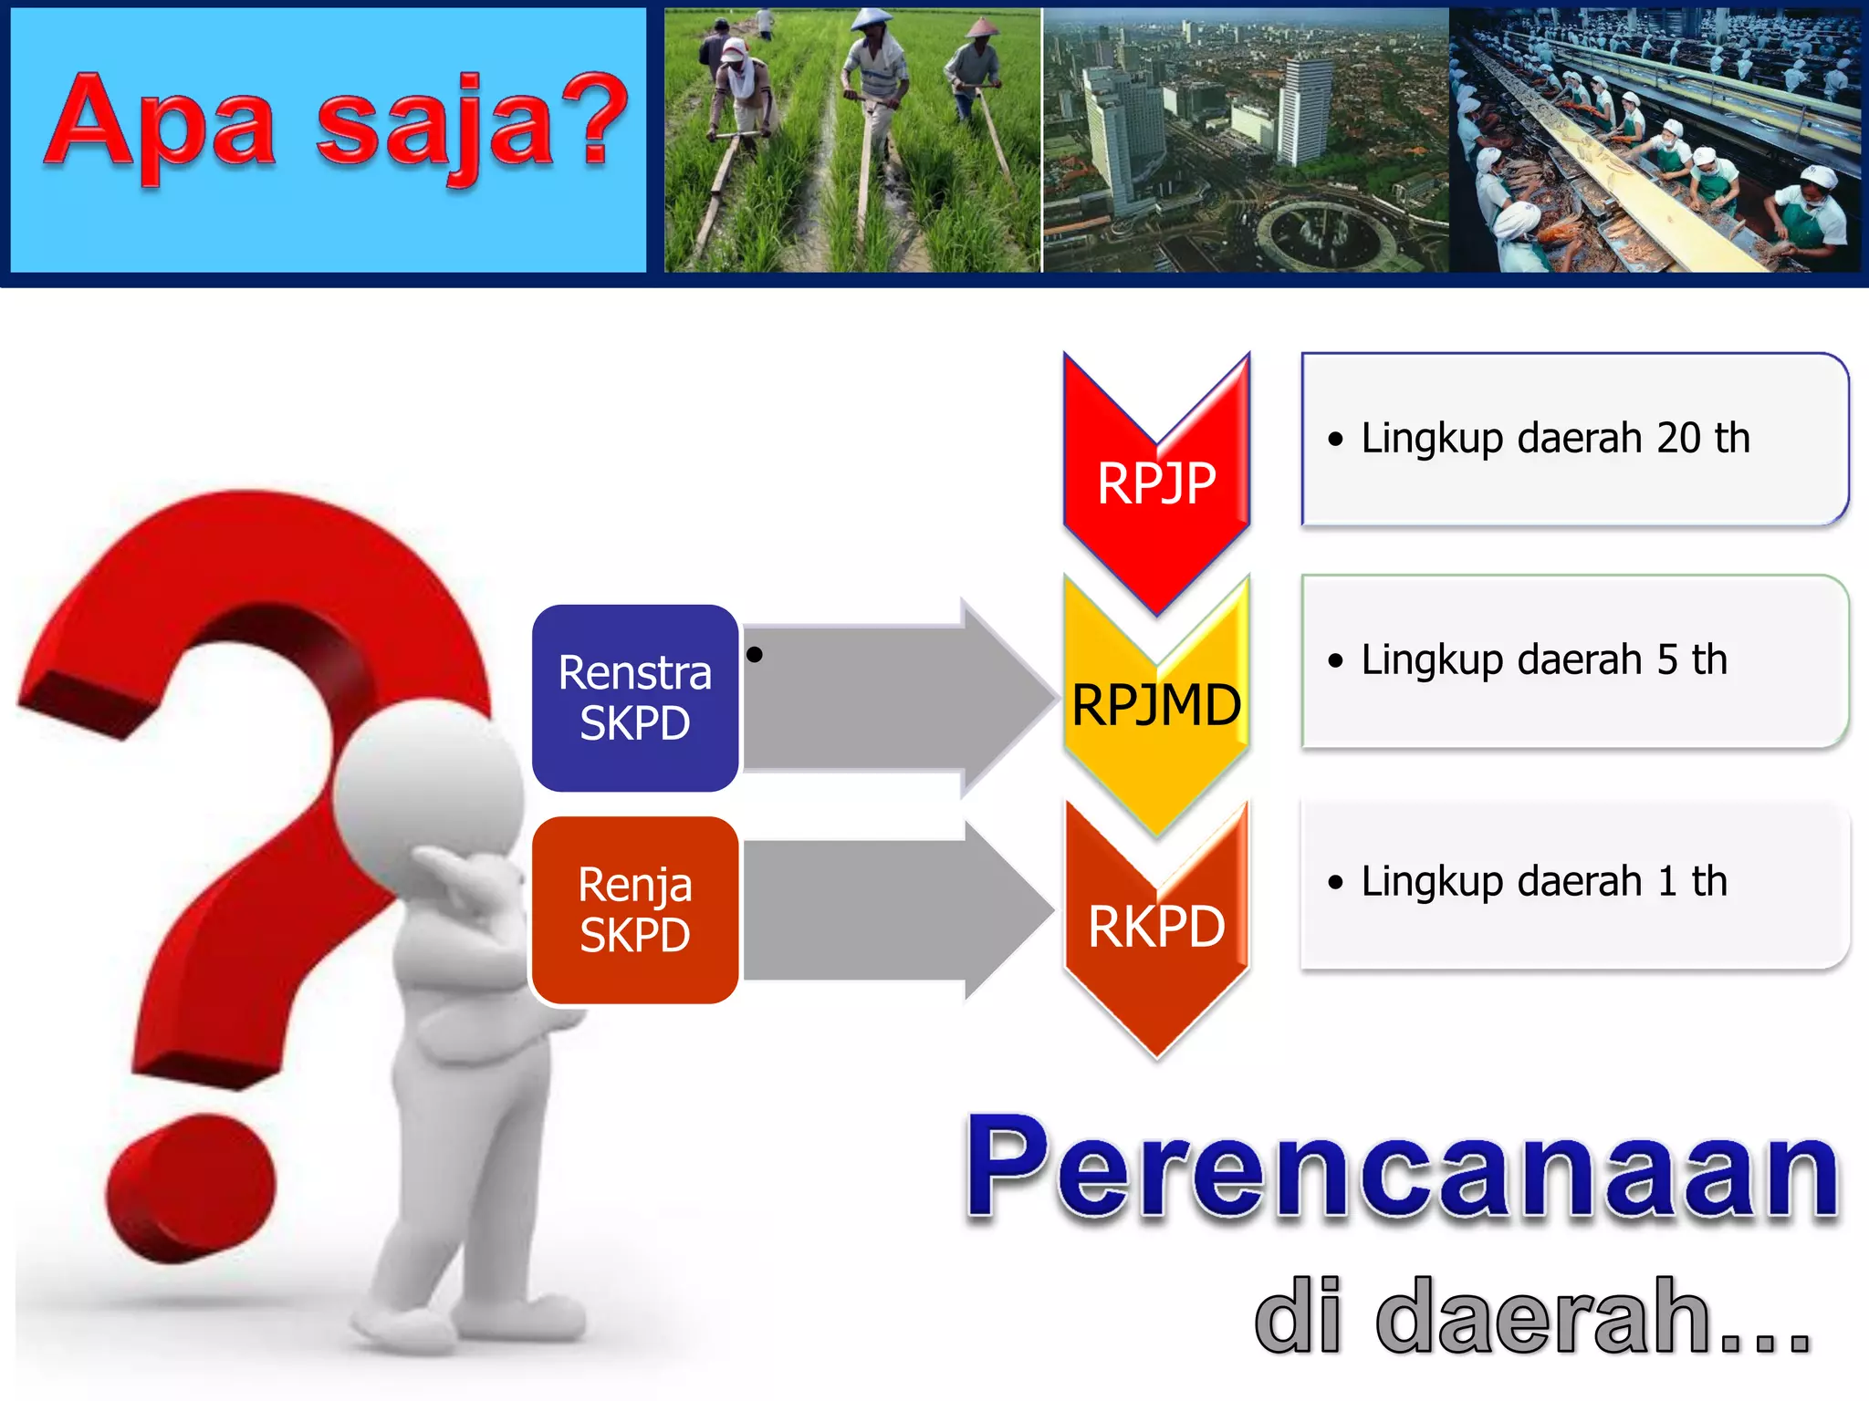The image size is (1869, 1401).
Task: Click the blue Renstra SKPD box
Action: (635, 698)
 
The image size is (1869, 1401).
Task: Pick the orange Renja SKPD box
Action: (635, 910)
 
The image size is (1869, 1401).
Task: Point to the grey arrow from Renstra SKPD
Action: (894, 698)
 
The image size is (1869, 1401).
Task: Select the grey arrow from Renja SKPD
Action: (894, 910)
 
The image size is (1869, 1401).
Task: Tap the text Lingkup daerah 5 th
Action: (1544, 659)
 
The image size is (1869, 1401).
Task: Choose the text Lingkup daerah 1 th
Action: (1544, 881)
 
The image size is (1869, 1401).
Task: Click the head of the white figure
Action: (427, 789)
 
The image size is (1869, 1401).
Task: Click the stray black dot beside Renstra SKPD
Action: (755, 654)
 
